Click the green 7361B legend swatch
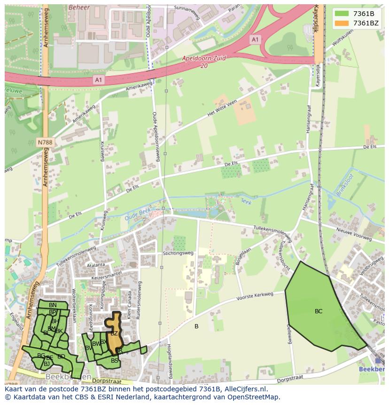pyautogui.click(x=342, y=13)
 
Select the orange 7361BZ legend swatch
pyautogui.click(x=342, y=23)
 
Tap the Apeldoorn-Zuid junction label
pyautogui.click(x=204, y=59)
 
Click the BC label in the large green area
pyautogui.click(x=319, y=311)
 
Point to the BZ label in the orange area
pyautogui.click(x=114, y=334)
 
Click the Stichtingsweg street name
pyautogui.click(x=178, y=253)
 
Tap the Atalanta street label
pyautogui.click(x=95, y=265)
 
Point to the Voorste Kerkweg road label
pyautogui.click(x=255, y=296)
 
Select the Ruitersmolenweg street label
pyautogui.click(x=139, y=306)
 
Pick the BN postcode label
pyautogui.click(x=53, y=305)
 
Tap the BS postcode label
pyautogui.click(x=115, y=361)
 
